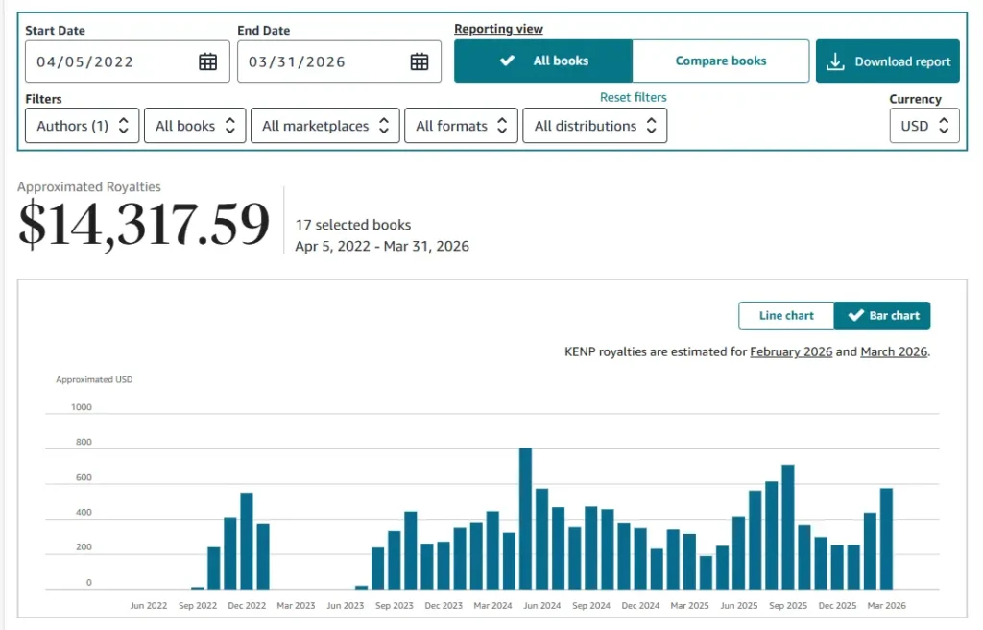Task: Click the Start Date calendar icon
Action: (x=207, y=61)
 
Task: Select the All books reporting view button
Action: (x=543, y=61)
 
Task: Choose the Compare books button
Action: (x=720, y=61)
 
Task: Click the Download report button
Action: (x=888, y=61)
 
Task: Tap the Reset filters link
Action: (x=633, y=97)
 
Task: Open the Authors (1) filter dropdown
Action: (x=82, y=126)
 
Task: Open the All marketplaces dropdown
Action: (x=324, y=126)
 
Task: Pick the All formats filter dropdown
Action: (x=461, y=126)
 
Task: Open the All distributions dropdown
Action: (x=594, y=126)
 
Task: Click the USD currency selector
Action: (x=923, y=126)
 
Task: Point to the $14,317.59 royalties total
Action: (x=144, y=225)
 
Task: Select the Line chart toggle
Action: (x=786, y=315)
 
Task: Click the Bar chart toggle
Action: (x=882, y=315)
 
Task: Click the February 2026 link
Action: (x=791, y=351)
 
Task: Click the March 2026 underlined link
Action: (x=894, y=351)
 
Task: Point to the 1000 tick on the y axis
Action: (x=82, y=407)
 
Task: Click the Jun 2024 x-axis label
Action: (x=541, y=606)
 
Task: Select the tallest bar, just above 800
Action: (x=525, y=518)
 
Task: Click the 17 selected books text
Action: (x=353, y=225)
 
